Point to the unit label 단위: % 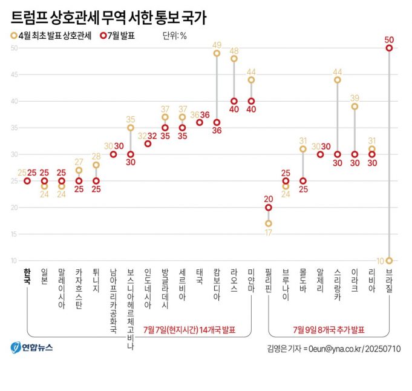click(x=174, y=36)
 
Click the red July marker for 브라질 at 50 click(x=389, y=48)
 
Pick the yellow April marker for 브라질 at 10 click(x=389, y=260)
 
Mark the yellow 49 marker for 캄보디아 click(x=217, y=53)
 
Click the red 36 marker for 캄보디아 click(x=217, y=122)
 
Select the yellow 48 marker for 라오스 click(x=234, y=59)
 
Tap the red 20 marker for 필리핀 click(x=269, y=207)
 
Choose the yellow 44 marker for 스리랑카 click(x=338, y=80)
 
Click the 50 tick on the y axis click(x=13, y=48)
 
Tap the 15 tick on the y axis click(x=13, y=234)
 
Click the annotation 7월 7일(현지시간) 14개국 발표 click(x=189, y=330)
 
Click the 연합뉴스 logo click(x=31, y=347)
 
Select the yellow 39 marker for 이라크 click(x=355, y=107)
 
